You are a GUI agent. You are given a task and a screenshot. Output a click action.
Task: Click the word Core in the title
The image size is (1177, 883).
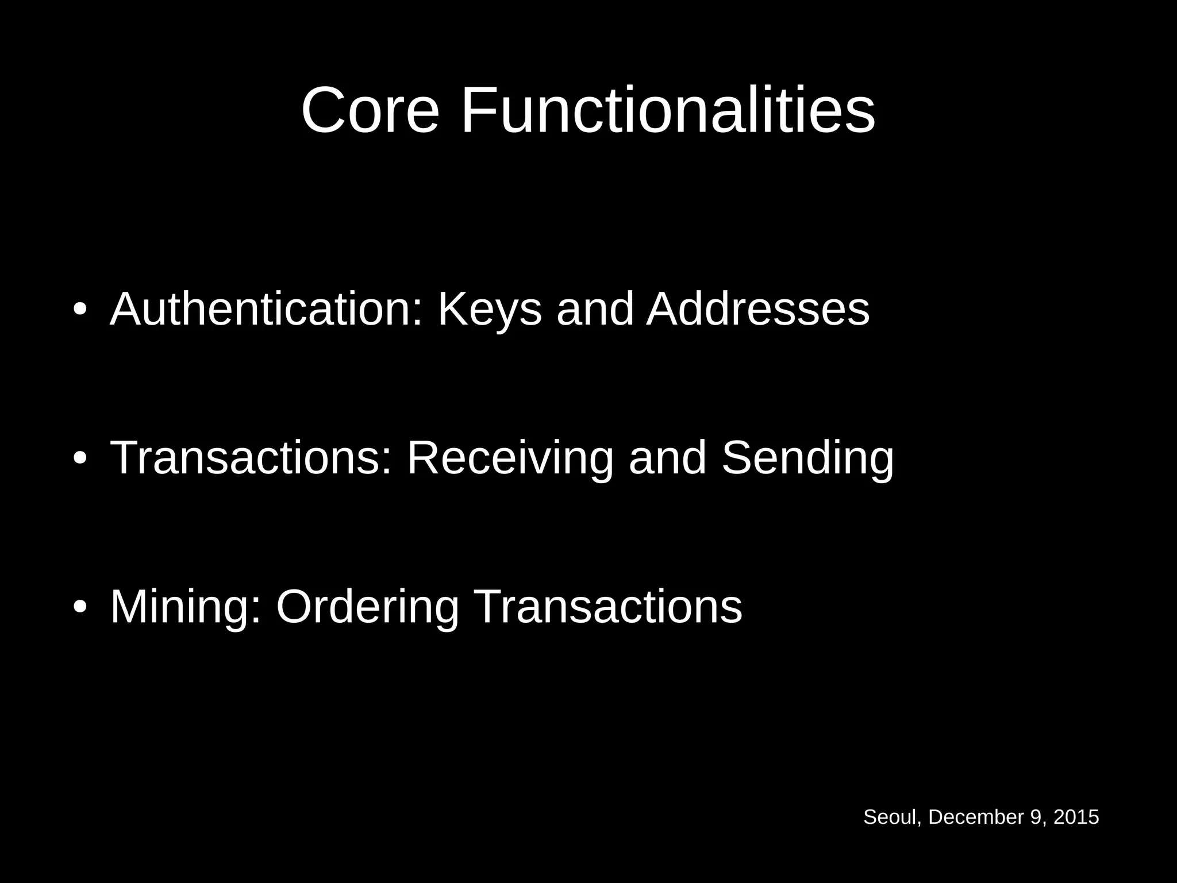coord(370,110)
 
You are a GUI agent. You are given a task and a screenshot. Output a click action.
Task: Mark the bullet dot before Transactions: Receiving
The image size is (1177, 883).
coord(80,458)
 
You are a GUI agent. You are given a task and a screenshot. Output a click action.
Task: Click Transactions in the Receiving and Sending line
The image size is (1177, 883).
coord(251,458)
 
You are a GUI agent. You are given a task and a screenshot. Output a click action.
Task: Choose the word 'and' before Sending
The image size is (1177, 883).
coord(667,458)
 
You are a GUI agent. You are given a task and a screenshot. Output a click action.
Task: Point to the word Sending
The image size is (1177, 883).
coord(807,458)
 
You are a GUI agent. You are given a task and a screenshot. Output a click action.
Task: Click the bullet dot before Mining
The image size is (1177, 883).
coord(80,607)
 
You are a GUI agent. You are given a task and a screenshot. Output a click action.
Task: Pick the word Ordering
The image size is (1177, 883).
coord(367,607)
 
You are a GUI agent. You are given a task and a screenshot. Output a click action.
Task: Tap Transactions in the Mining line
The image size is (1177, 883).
coord(608,607)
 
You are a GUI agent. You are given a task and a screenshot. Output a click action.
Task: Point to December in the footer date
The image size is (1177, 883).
coord(976,817)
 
